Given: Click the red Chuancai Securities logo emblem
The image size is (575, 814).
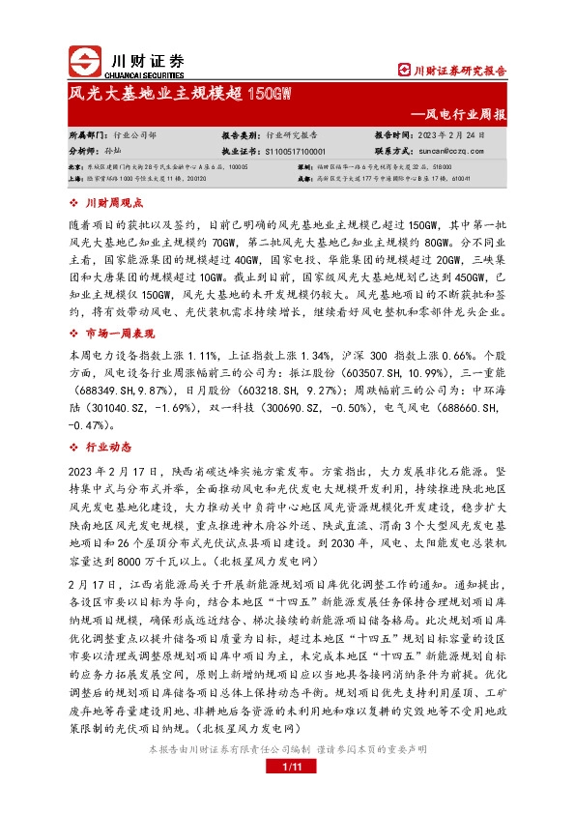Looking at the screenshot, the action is [84, 59].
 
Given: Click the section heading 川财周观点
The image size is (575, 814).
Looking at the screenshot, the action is [114, 203].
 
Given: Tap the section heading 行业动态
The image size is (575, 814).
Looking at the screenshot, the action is [108, 448].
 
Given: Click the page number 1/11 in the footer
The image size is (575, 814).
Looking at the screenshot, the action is [287, 795].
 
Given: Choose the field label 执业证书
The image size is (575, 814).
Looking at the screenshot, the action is [243, 152].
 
